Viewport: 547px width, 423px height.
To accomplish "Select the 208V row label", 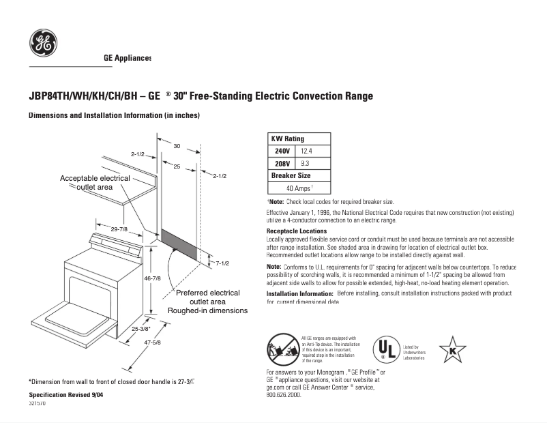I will coord(282,164).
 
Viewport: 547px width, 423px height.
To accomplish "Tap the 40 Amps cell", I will coord(299,188).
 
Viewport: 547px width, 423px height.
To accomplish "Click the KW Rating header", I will coord(288,138).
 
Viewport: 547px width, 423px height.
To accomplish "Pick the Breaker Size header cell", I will coord(291,175).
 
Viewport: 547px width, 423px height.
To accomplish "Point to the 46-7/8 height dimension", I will coord(152,278).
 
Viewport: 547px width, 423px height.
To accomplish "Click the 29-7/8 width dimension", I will coord(119,229).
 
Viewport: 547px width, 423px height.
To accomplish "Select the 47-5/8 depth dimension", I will coord(151,342).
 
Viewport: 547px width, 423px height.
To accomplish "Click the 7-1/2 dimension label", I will coord(222,263).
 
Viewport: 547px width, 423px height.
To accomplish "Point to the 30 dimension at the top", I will coord(176,146).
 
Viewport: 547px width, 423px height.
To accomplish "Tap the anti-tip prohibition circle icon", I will coord(281,349).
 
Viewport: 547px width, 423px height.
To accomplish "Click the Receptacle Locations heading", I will coord(296,231).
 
